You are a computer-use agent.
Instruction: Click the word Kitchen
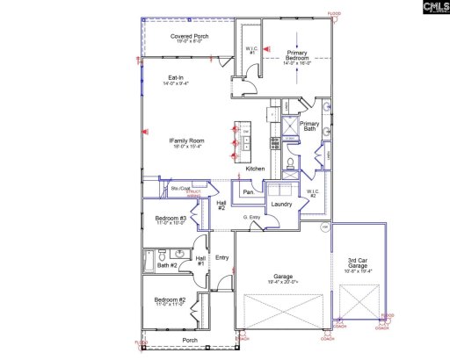tap(255, 169)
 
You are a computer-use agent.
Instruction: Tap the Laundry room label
tap(281, 205)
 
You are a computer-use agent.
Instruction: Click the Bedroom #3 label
tap(169, 220)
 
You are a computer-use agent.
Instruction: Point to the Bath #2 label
tap(168, 264)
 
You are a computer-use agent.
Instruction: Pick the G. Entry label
tap(254, 218)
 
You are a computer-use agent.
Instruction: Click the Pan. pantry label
tap(249, 191)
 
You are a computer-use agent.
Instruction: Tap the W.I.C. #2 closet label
tap(311, 192)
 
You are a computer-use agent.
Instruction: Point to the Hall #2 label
tap(222, 205)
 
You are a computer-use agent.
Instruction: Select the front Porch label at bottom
tap(189, 340)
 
